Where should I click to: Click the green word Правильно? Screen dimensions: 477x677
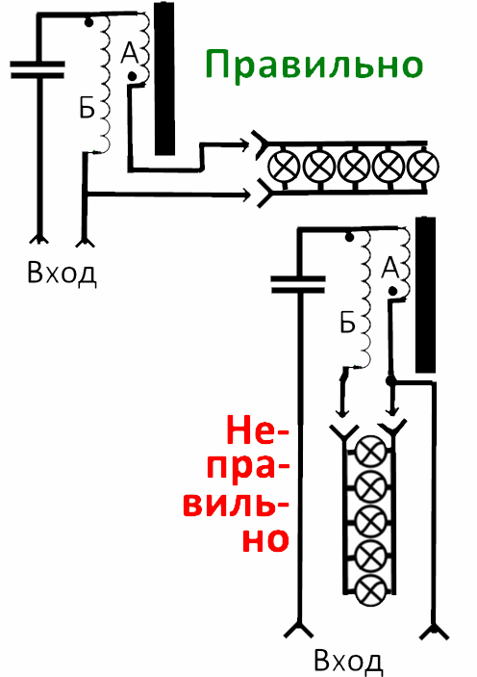[314, 65]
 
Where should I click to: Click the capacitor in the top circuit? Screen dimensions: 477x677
[38, 69]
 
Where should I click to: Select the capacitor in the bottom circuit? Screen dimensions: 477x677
[298, 284]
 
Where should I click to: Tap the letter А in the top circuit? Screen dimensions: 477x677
[130, 53]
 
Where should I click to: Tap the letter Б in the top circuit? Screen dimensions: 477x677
[87, 108]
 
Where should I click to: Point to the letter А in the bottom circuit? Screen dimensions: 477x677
[390, 268]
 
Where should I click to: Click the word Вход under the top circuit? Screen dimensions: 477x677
[62, 273]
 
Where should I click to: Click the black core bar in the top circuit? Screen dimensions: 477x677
[164, 79]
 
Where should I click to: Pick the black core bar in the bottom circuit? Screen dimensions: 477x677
[425, 295]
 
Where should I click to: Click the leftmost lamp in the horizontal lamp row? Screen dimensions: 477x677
[284, 167]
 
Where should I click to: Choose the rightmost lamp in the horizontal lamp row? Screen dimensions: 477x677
[423, 167]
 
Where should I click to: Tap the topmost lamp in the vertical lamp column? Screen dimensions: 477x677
[370, 452]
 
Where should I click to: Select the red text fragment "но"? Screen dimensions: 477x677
[265, 539]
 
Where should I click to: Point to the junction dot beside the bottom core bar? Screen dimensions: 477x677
[390, 380]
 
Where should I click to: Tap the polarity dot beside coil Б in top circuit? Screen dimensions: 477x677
[88, 22]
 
